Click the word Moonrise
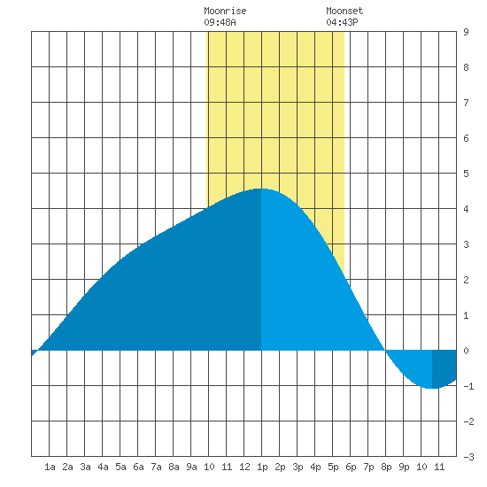tap(225, 11)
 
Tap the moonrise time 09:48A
tap(220, 22)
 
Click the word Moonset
tap(344, 11)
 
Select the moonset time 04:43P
tap(342, 22)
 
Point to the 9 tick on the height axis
tap(466, 32)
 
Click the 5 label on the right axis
tap(466, 174)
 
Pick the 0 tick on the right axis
tap(466, 351)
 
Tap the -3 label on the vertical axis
tap(468, 457)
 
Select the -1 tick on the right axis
tap(468, 386)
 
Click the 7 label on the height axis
tap(466, 103)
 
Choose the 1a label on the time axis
tap(50, 467)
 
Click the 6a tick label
tap(138, 467)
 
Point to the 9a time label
tap(191, 467)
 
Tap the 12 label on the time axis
tap(244, 467)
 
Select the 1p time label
tap(262, 467)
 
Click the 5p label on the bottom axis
tap(333, 467)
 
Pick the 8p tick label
tap(386, 467)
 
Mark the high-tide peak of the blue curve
tap(260, 189)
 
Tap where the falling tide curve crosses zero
tap(385, 351)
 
